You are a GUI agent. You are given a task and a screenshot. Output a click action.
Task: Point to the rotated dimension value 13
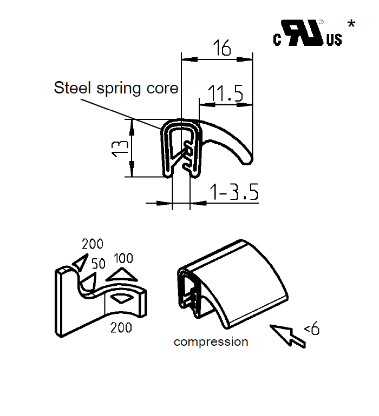click(x=121, y=147)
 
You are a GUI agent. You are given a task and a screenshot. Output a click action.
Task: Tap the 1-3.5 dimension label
click(x=234, y=192)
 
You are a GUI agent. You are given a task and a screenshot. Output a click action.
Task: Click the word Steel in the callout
click(x=73, y=88)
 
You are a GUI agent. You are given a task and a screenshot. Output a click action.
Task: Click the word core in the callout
click(x=162, y=88)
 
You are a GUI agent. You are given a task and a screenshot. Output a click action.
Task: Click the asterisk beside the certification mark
click(x=351, y=24)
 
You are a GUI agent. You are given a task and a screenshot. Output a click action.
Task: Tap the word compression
click(x=211, y=341)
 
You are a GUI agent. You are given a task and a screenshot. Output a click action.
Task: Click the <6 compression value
click(x=311, y=328)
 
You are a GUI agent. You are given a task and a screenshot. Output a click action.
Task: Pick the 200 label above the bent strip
click(x=92, y=244)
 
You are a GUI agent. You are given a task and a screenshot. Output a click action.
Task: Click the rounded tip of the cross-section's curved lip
click(x=246, y=159)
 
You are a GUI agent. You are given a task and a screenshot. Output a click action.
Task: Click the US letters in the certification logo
click(x=334, y=40)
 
